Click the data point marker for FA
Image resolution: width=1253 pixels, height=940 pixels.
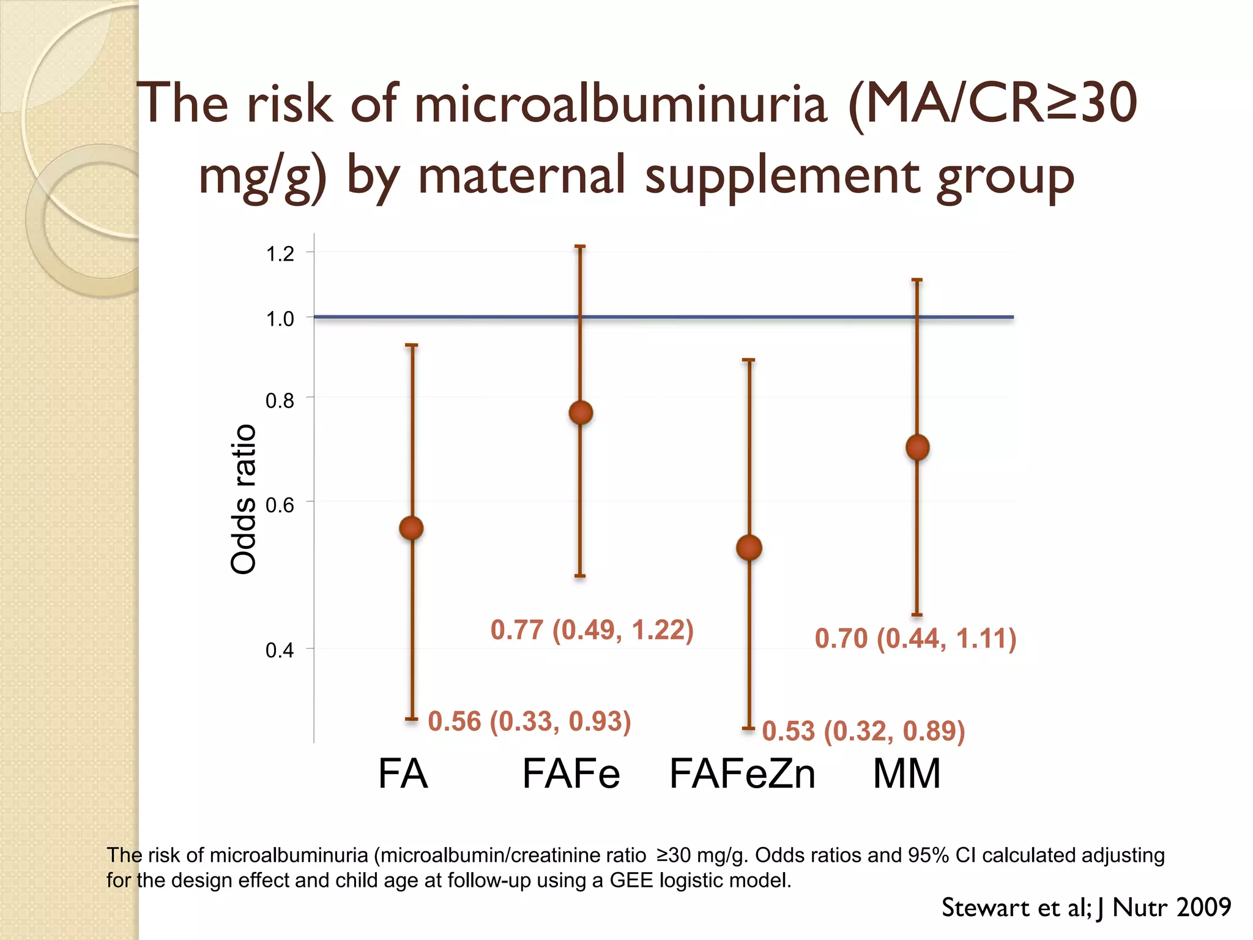pos(411,528)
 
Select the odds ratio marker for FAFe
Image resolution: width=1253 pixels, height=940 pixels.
pos(581,413)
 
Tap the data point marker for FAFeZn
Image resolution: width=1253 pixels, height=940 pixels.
pos(749,548)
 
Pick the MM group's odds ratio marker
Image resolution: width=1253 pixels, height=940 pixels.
pos(917,447)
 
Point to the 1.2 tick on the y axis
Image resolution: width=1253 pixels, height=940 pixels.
pos(280,254)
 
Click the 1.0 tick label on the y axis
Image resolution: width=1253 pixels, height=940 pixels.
pos(280,319)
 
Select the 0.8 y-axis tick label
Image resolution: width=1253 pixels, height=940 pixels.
pos(280,401)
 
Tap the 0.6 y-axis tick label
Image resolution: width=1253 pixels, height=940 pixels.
pos(280,505)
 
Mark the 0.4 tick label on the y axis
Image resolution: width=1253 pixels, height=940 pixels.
pos(280,650)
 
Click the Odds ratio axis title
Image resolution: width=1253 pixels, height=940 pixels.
pos(243,499)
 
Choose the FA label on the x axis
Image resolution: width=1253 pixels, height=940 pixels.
pos(403,774)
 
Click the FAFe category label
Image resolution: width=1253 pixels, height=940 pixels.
pos(571,774)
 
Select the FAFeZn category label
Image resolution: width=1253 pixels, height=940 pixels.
pos(743,774)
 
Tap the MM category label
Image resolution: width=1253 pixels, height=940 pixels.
pos(907,774)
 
